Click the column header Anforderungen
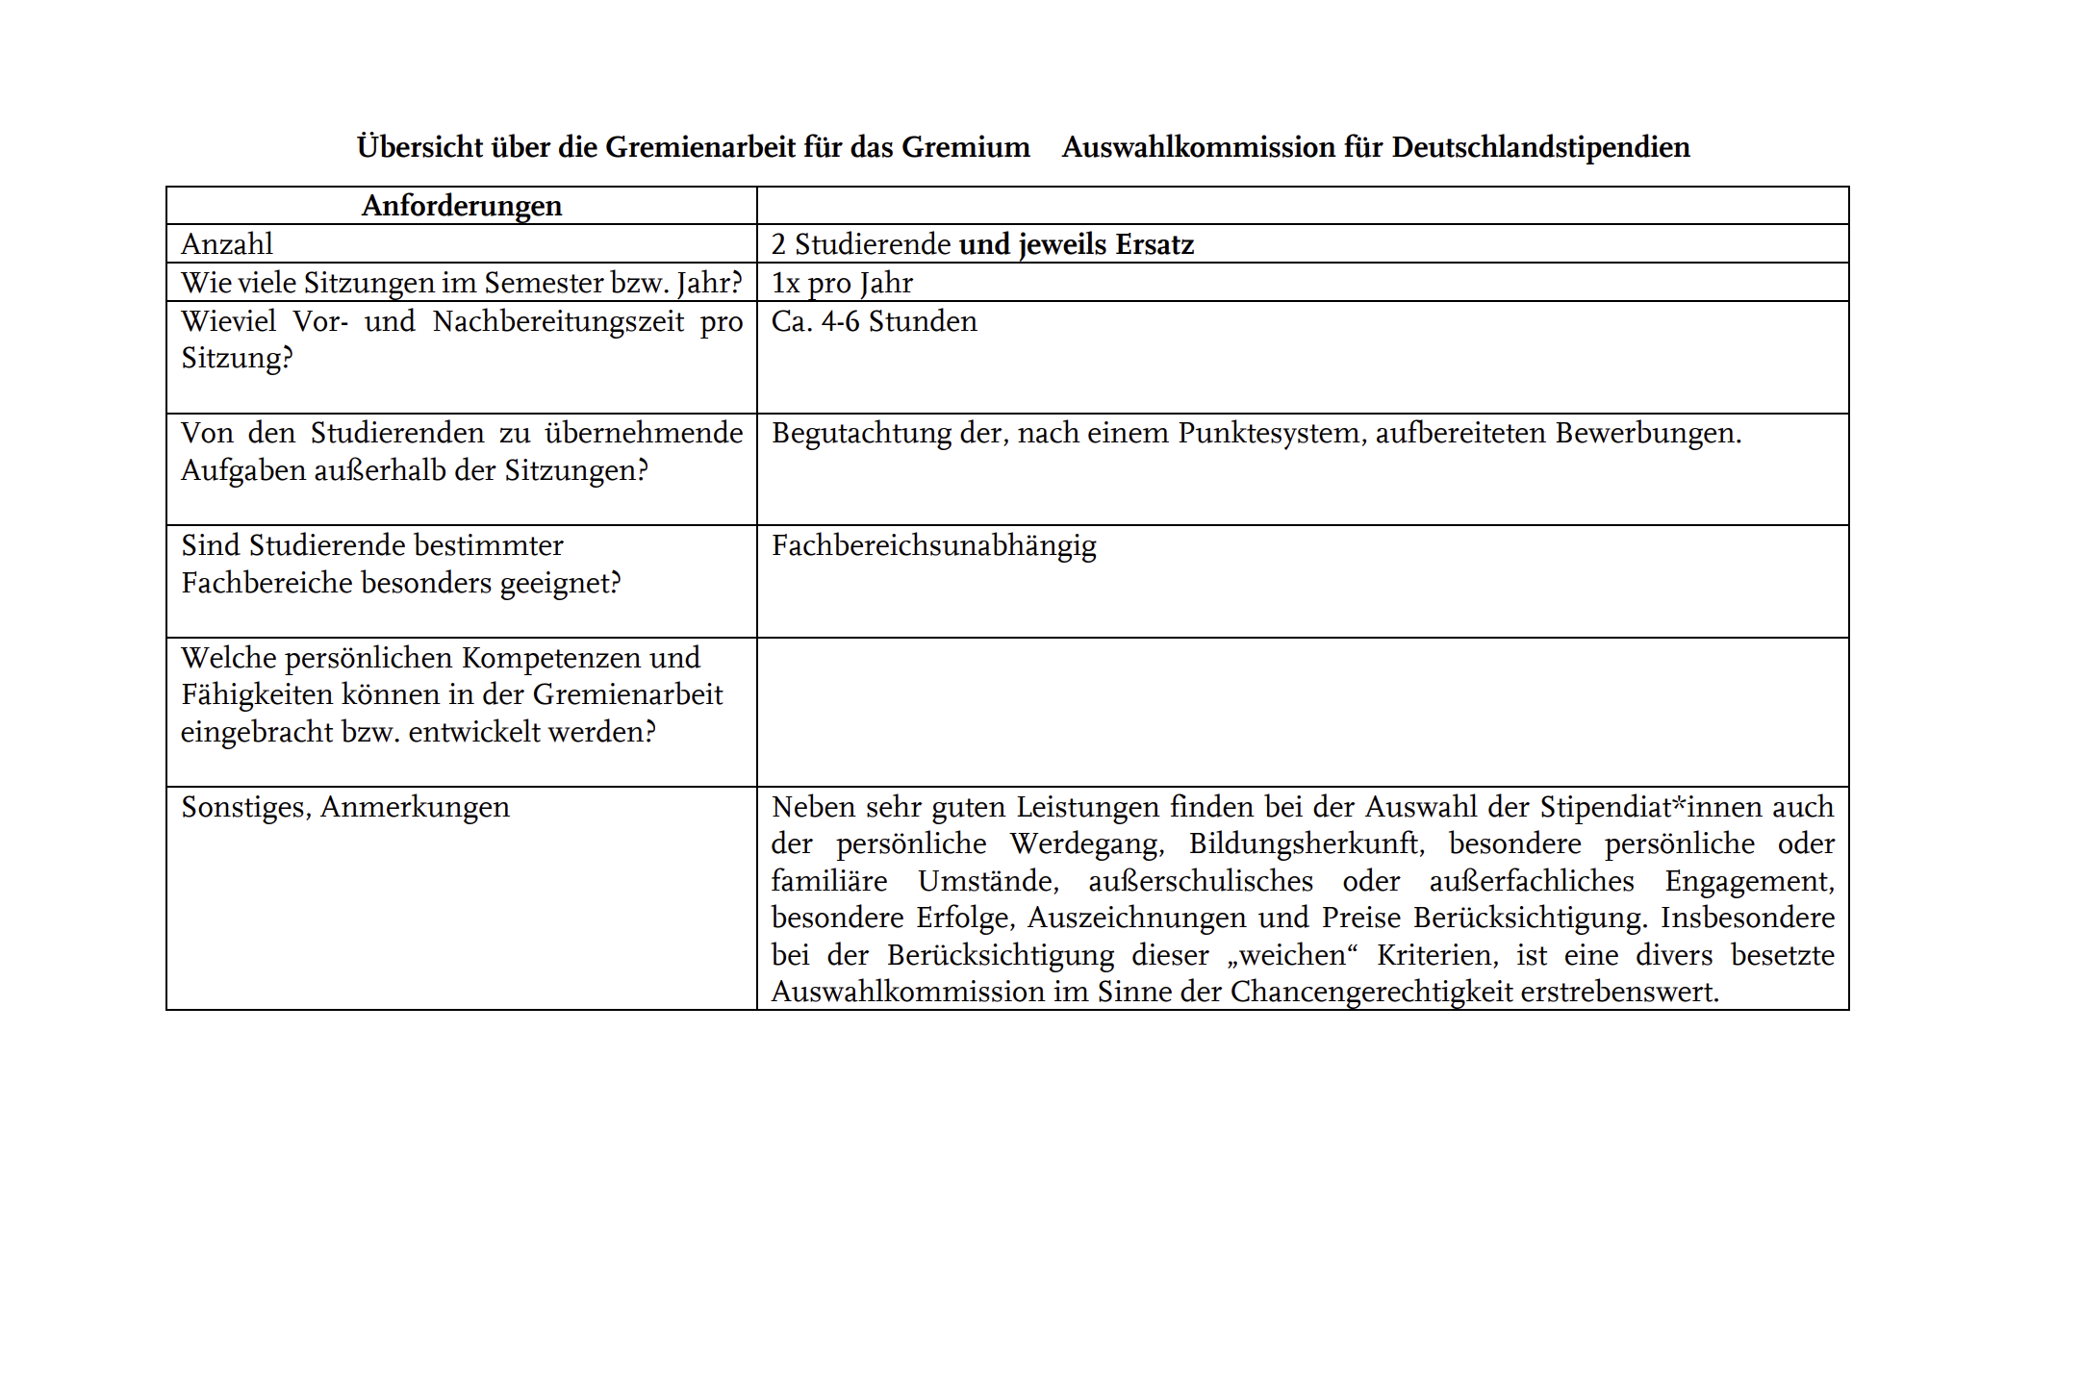click(462, 206)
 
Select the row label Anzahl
click(227, 244)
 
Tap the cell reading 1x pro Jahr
click(842, 283)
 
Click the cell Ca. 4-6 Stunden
click(874, 321)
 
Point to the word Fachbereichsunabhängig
click(933, 546)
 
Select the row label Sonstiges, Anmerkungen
click(345, 807)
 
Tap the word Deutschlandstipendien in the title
click(1540, 147)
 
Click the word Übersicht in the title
click(419, 147)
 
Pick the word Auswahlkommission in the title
click(1199, 147)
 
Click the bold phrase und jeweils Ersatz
click(1077, 244)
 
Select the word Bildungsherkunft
click(1306, 844)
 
